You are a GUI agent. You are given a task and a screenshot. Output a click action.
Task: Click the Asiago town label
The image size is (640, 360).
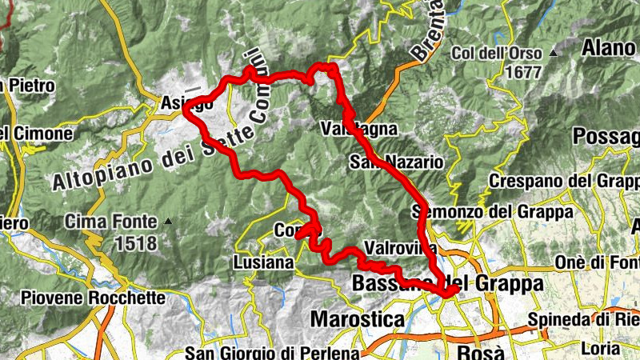click(175, 103)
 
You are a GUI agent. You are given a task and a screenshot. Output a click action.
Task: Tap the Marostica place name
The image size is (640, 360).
click(357, 318)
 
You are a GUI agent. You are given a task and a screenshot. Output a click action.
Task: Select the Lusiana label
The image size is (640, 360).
click(267, 262)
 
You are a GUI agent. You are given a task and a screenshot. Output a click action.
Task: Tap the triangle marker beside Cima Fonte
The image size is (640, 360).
click(167, 221)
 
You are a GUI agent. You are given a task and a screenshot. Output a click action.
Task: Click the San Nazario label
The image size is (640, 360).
click(396, 162)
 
